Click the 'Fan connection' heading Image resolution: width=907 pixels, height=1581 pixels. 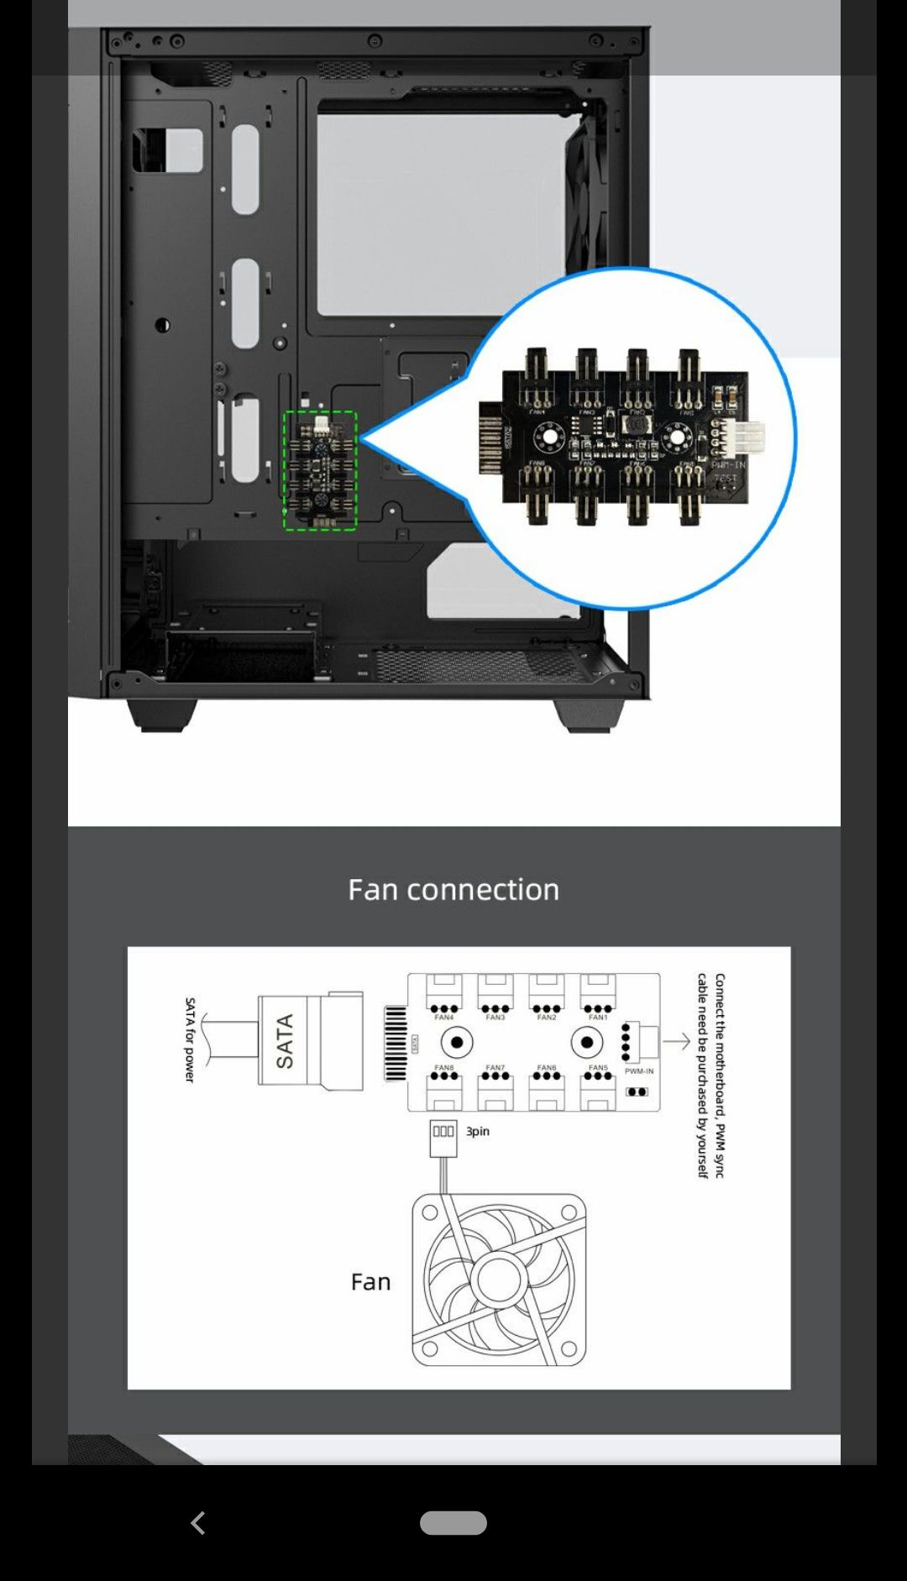point(453,890)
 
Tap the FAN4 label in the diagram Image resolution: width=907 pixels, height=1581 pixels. point(443,1018)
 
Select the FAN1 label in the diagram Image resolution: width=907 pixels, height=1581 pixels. point(598,1018)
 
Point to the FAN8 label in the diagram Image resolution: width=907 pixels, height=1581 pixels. point(443,1067)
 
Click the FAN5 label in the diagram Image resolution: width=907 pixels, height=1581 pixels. point(598,1067)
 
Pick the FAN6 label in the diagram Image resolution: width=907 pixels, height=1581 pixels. point(547,1067)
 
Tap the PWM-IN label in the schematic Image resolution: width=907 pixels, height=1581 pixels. point(639,1071)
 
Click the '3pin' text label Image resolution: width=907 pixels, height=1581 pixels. point(478,1132)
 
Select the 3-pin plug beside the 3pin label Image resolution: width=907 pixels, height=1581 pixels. point(443,1133)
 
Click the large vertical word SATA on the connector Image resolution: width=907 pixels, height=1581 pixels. point(285,1041)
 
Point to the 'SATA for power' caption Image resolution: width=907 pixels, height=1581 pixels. point(190,1039)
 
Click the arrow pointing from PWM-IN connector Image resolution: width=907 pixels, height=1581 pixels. point(677,1042)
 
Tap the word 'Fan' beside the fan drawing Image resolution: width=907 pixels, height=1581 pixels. point(370,1282)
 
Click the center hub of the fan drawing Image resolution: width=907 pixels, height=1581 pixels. point(498,1280)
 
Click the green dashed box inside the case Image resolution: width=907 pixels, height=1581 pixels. point(320,470)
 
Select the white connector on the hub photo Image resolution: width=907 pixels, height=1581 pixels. point(747,437)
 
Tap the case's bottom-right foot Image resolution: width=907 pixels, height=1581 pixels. point(589,715)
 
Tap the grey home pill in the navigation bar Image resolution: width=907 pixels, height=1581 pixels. point(453,1522)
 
